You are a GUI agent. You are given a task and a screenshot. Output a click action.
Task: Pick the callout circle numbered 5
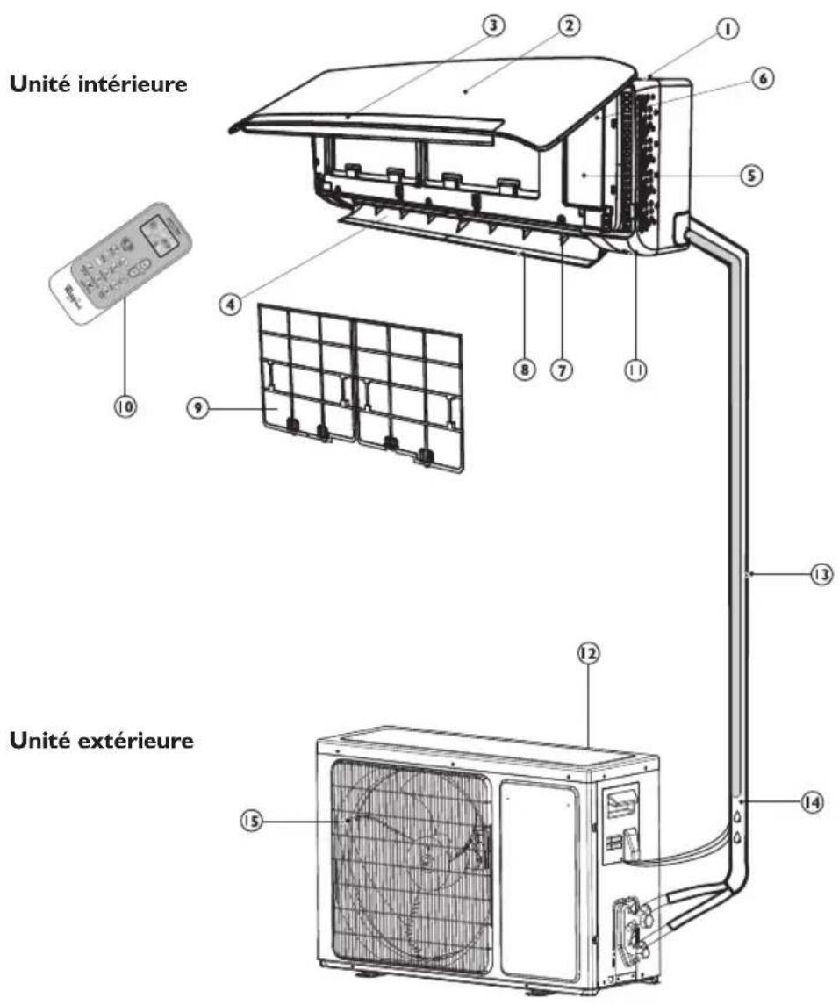click(x=748, y=175)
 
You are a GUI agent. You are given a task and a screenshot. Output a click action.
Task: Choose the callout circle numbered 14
click(x=817, y=801)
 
